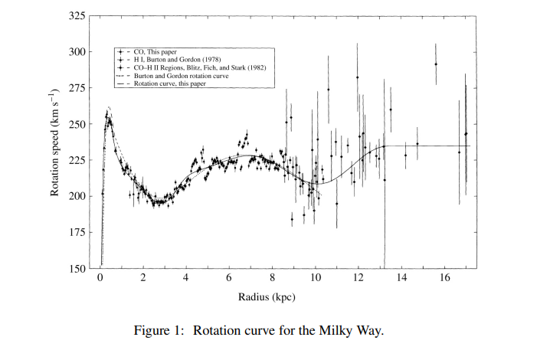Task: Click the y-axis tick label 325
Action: click(x=75, y=16)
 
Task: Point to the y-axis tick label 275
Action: click(x=75, y=88)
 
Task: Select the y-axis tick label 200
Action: click(x=75, y=196)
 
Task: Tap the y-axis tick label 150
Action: click(x=75, y=268)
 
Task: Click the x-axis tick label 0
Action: click(x=100, y=278)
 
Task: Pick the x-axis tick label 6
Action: click(x=229, y=278)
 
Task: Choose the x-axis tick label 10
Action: click(x=315, y=278)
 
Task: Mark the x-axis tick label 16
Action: click(x=444, y=278)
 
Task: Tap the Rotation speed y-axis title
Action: click(x=55, y=142)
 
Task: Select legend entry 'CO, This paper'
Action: click(x=156, y=51)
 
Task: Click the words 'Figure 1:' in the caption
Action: click(x=159, y=331)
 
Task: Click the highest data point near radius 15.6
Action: click(x=436, y=64)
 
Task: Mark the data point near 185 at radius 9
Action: click(x=292, y=218)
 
